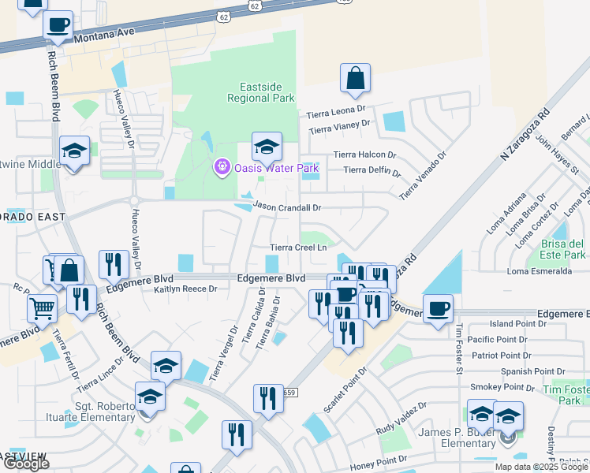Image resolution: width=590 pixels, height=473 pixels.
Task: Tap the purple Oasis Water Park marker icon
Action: [x=222, y=167]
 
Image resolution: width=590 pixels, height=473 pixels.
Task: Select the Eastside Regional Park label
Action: [x=260, y=92]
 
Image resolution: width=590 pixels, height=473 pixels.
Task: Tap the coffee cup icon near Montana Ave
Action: [x=58, y=24]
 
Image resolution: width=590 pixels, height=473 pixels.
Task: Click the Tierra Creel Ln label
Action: [x=298, y=247]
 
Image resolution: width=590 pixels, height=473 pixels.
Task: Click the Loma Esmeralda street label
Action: [x=540, y=271]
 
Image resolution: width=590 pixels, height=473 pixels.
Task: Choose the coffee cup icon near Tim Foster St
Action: [x=438, y=308]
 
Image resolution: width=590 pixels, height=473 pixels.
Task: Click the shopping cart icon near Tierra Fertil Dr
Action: [x=43, y=308]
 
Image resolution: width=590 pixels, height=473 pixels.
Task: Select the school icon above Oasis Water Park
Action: [x=267, y=146]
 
